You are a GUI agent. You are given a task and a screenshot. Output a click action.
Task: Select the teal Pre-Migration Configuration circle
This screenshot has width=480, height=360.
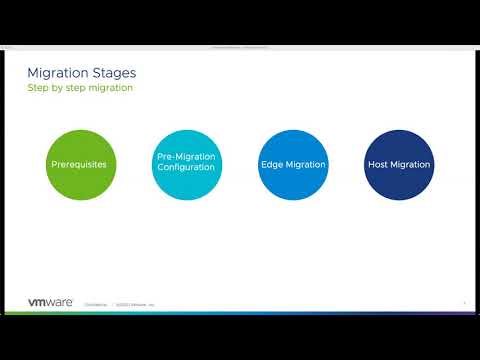pos(186,164)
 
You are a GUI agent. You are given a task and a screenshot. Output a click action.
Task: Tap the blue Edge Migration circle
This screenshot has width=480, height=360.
pos(293,164)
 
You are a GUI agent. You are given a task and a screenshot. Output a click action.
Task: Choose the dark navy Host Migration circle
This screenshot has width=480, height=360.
pos(398,164)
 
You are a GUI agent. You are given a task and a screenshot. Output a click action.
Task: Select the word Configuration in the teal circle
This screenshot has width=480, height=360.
pos(186,169)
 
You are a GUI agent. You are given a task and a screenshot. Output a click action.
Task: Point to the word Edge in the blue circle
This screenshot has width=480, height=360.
pos(272,164)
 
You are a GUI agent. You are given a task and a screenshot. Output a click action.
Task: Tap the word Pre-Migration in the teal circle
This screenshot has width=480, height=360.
pos(186,158)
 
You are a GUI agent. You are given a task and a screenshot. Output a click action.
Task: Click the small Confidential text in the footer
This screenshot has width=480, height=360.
pos(96,304)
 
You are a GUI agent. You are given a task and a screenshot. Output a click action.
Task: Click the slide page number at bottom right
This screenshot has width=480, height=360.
pos(465,304)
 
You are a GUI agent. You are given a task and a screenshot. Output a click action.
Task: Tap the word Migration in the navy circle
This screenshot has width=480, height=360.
pos(409,164)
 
